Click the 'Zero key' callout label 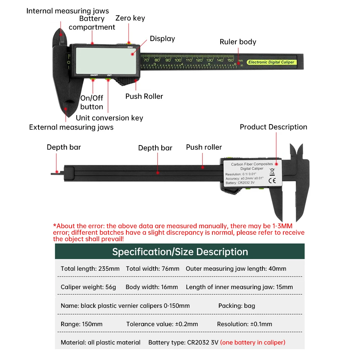pos(130,18)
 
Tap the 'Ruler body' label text pos(238,42)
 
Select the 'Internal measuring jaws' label pos(67,11)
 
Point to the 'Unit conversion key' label pos(109,118)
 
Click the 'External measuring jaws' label pos(71,127)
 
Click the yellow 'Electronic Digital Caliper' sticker pos(272,62)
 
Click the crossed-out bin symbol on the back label pos(272,172)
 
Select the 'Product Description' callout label pos(273,127)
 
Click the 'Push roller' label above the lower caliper pos(204,147)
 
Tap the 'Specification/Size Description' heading pos(180,252)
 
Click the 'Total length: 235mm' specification pos(90,269)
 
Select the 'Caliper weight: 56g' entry pos(89,287)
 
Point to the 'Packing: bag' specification pos(237,306)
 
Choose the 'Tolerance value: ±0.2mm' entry pos(162,324)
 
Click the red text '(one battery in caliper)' pos(253,342)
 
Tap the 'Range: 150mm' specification pos(82,324)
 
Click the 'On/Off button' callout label pos(91,102)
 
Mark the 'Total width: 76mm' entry pos(153,269)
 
